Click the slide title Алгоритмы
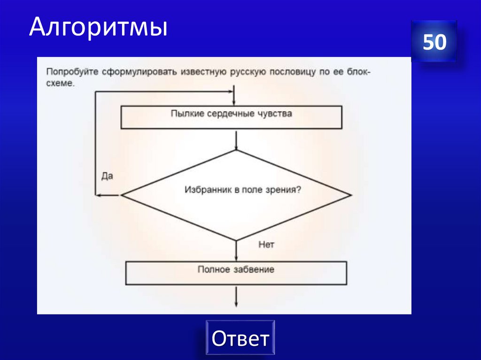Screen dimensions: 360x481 pos(98,28)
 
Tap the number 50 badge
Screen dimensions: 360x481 pos(434,42)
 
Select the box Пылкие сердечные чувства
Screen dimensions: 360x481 pos(231,117)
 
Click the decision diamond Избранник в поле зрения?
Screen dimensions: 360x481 pos(236,195)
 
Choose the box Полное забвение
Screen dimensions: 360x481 pos(236,273)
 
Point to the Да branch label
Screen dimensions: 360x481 pos(108,177)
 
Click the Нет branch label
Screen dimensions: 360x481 pos(266,245)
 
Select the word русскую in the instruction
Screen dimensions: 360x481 pos(248,73)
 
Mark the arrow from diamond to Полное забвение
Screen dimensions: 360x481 pos(236,251)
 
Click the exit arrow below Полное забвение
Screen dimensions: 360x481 pos(236,296)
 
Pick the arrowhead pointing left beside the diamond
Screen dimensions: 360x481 pos(100,195)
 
